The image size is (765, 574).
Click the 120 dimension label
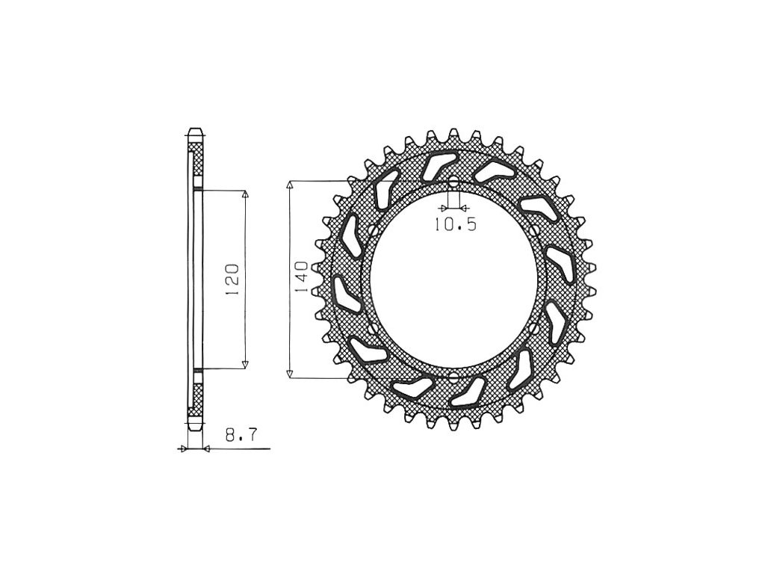[x=232, y=280]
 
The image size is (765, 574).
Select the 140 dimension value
[x=301, y=277]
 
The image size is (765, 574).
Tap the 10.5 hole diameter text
[x=455, y=224]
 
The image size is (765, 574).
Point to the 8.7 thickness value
[x=241, y=435]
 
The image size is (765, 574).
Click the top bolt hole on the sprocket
[x=453, y=182]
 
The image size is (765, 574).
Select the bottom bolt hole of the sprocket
[x=453, y=377]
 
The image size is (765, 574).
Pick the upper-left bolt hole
[x=374, y=230]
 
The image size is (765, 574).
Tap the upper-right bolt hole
[x=533, y=229]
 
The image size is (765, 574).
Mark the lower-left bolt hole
[x=374, y=329]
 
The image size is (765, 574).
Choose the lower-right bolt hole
[x=533, y=328]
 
